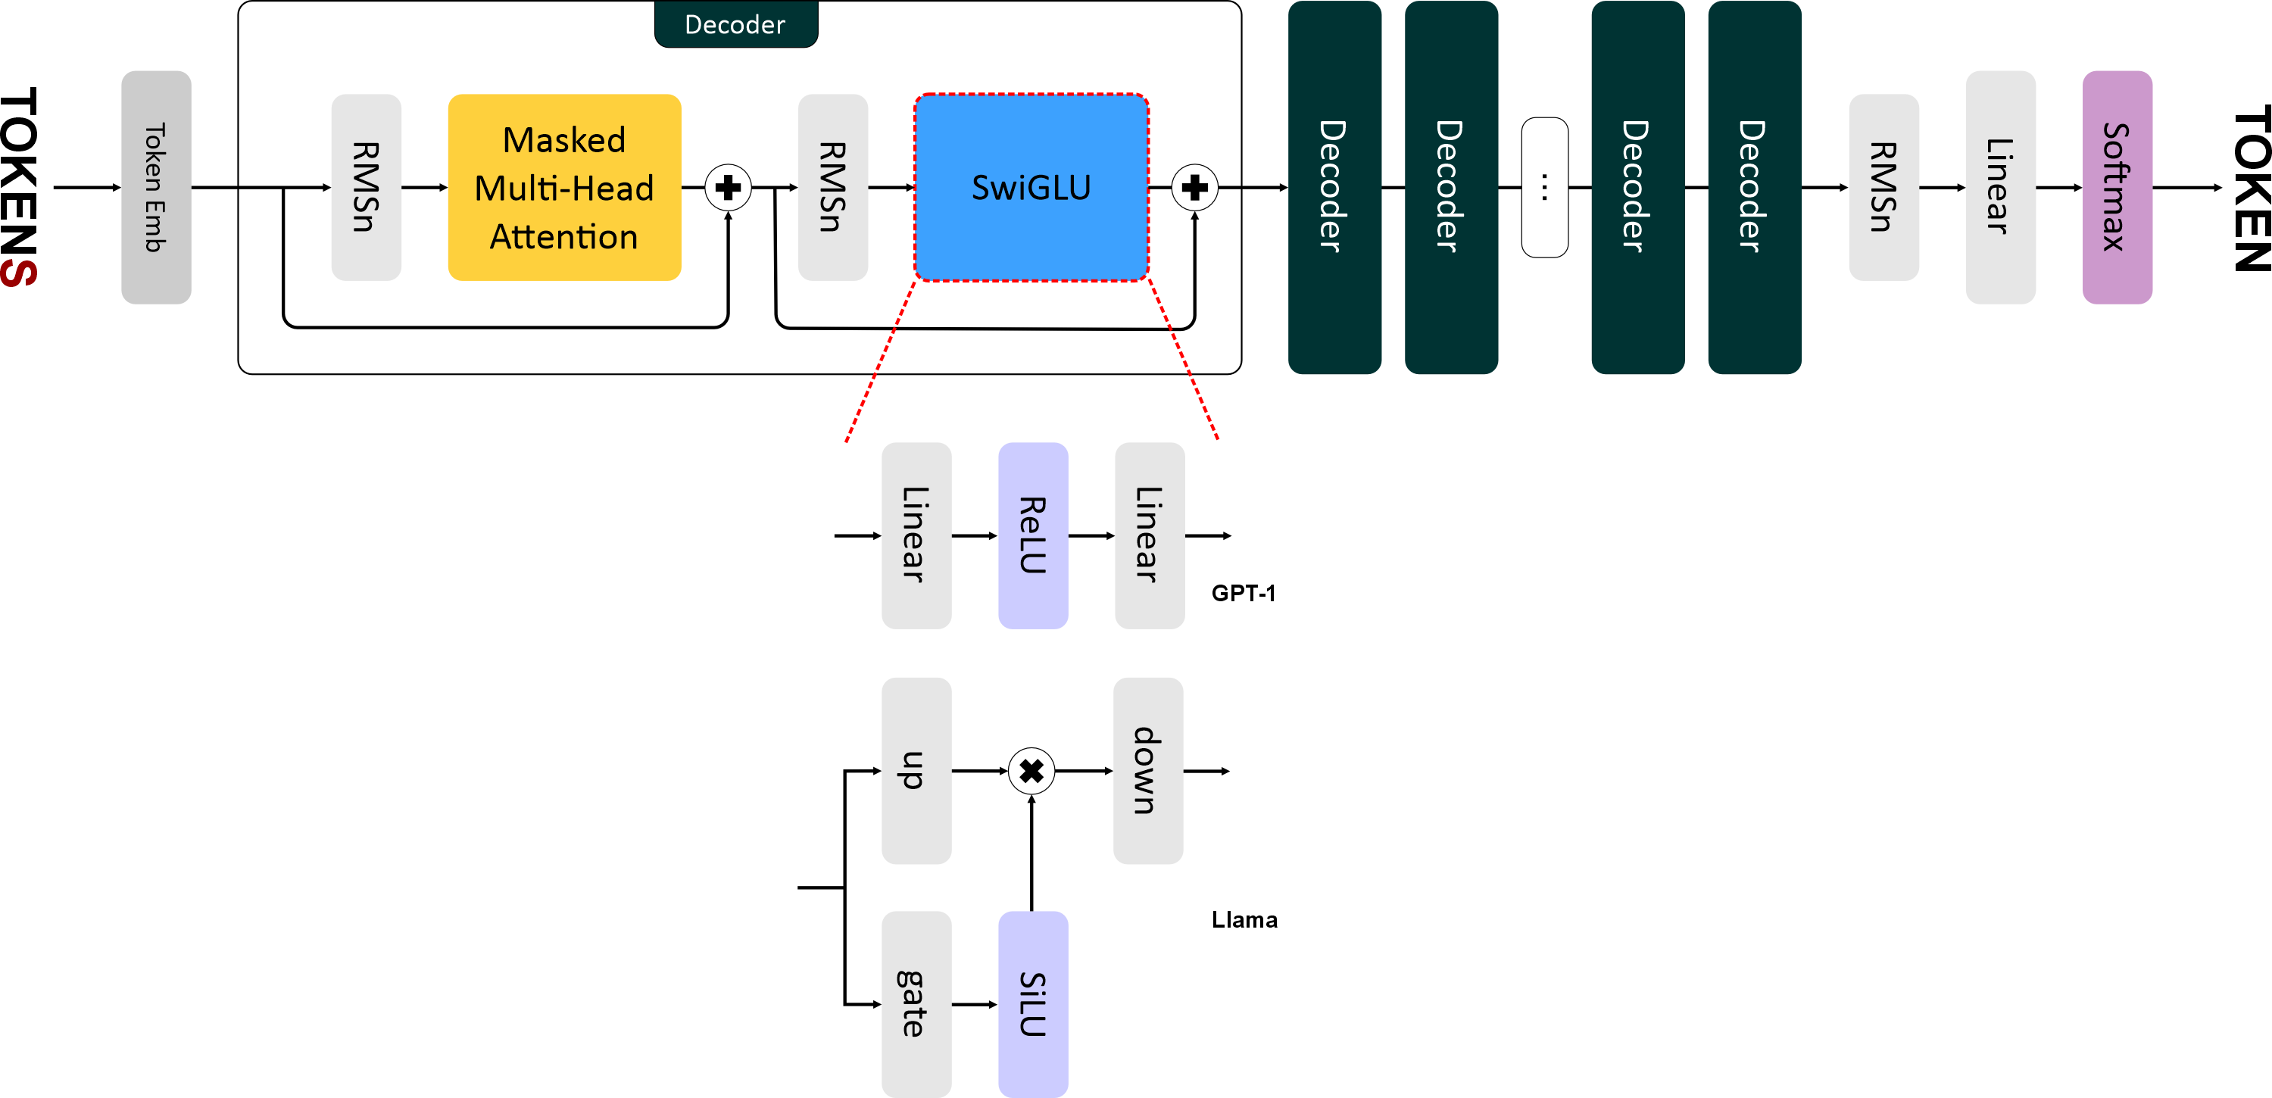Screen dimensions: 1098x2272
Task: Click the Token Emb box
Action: point(156,187)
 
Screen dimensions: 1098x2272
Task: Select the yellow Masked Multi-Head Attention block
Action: point(564,187)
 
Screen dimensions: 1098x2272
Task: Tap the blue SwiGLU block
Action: point(1031,187)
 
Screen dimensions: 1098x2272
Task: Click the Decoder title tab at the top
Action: point(735,23)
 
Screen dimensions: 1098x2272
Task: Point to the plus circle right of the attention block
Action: point(729,187)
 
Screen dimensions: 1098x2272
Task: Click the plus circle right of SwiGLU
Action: point(1194,187)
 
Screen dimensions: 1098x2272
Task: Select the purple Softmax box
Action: point(2117,187)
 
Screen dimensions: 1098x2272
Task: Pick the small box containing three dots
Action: point(1544,187)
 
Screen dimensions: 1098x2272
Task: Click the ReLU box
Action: point(1033,535)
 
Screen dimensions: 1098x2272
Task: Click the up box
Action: point(916,770)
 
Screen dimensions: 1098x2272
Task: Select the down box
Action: point(1147,770)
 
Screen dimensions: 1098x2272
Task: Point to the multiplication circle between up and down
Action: point(1031,771)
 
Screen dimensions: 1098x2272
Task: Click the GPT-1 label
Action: point(1243,593)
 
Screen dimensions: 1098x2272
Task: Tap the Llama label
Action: point(1244,920)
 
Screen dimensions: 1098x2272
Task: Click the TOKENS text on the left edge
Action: point(20,187)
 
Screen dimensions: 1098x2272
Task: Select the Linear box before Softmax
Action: point(1999,187)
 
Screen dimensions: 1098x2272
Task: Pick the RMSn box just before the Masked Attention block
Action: point(366,187)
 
